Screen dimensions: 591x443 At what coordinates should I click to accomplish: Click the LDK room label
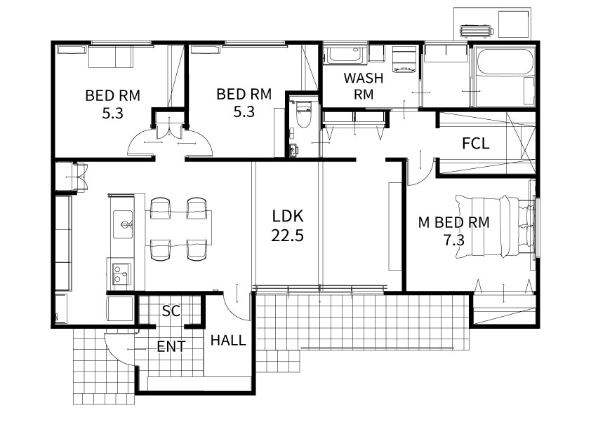(x=288, y=217)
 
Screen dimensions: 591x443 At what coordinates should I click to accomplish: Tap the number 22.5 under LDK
(x=287, y=236)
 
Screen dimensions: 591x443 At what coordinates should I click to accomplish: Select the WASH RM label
(x=364, y=86)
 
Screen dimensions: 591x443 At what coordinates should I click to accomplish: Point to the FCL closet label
(x=476, y=144)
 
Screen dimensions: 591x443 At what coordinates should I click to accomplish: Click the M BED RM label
(x=454, y=222)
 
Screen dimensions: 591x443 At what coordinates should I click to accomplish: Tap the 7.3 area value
(x=454, y=240)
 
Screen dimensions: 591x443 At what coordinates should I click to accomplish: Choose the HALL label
(x=228, y=341)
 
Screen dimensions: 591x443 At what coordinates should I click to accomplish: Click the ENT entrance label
(x=171, y=347)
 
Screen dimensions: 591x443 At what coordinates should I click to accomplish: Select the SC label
(x=171, y=311)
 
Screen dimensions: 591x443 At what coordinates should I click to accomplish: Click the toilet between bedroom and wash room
(x=303, y=114)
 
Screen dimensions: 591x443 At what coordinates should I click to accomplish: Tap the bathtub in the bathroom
(x=505, y=62)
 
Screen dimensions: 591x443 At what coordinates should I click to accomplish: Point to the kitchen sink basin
(x=123, y=224)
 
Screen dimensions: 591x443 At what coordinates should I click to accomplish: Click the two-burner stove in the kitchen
(x=121, y=273)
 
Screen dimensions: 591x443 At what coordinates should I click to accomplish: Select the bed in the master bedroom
(x=495, y=226)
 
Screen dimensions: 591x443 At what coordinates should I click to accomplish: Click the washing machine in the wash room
(x=404, y=60)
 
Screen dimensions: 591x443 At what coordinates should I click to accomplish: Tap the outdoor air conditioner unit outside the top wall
(x=476, y=31)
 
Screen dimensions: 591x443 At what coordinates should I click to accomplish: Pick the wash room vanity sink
(x=345, y=55)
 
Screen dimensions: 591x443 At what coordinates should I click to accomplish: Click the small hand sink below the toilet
(x=293, y=150)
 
